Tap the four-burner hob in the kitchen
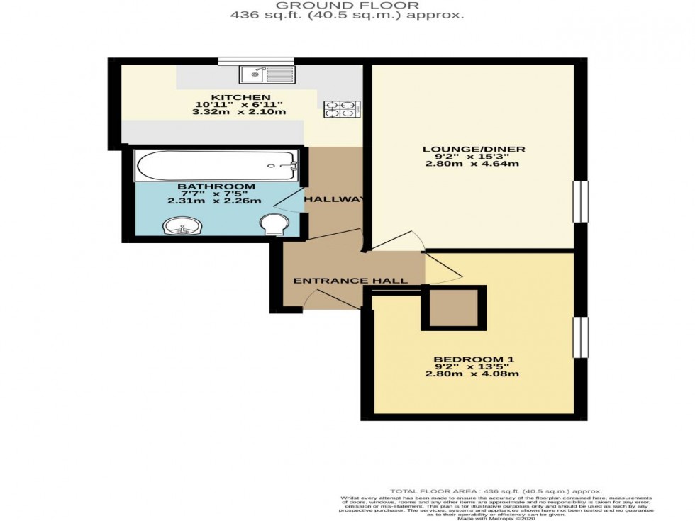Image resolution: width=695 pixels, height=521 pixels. [340, 109]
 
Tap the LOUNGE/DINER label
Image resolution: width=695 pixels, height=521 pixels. [473, 149]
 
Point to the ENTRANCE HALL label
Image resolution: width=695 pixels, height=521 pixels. [350, 281]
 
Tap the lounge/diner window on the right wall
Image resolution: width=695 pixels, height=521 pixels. [580, 201]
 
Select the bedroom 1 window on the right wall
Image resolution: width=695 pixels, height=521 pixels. [580, 337]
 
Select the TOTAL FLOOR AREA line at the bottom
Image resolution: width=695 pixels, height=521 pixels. [496, 491]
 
